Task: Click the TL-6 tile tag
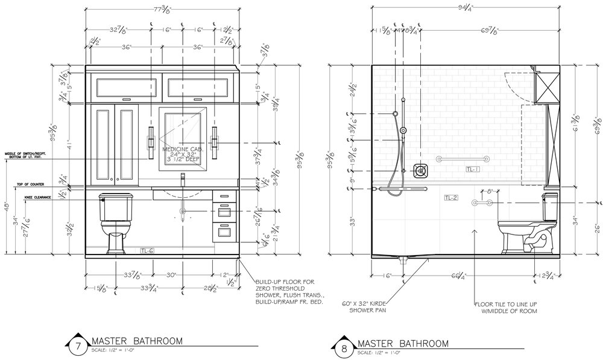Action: point(147,249)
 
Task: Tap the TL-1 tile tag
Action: point(473,169)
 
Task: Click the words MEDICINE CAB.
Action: point(182,148)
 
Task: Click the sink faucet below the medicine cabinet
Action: point(183,179)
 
